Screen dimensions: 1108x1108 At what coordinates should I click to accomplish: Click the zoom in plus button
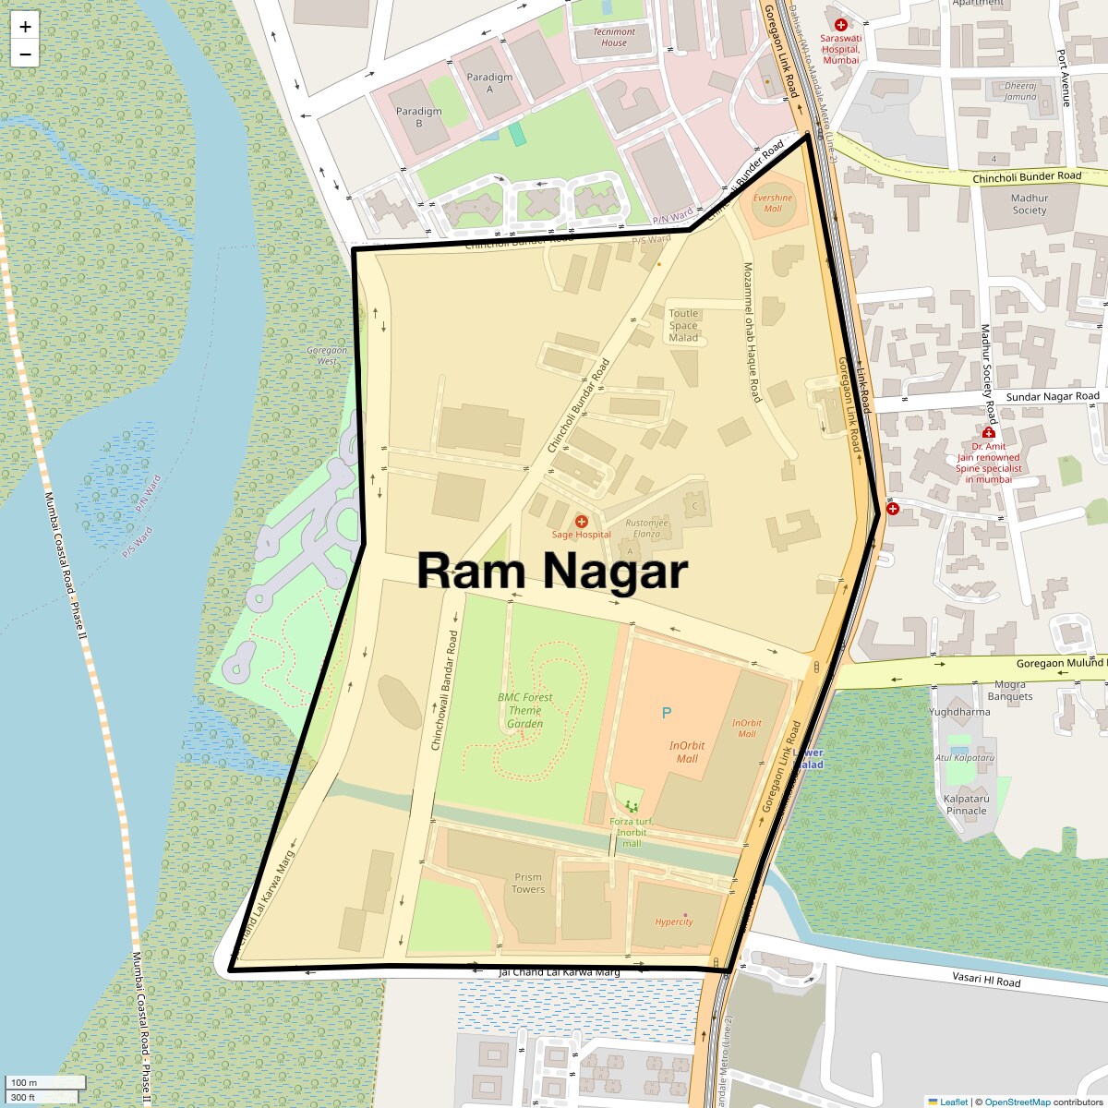(25, 27)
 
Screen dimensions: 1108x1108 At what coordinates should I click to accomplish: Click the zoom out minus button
(25, 54)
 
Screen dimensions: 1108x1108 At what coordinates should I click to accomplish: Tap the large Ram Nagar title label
(552, 571)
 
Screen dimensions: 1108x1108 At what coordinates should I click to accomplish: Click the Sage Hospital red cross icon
(582, 522)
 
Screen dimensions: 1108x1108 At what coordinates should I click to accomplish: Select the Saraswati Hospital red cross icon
(840, 26)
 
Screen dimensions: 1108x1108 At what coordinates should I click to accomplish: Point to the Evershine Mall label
(773, 203)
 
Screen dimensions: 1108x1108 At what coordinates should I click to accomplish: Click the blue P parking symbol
(667, 713)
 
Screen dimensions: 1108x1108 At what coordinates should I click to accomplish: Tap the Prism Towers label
(528, 884)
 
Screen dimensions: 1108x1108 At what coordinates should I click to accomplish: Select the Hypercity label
(674, 921)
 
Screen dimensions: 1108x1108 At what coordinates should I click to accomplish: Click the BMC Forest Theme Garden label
(524, 711)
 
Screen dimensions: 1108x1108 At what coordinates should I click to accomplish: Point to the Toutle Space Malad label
(683, 326)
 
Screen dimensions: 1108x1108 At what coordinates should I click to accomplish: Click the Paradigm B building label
(418, 117)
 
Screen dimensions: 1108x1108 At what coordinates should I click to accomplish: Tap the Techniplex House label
(614, 37)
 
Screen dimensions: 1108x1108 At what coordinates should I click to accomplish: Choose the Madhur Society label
(1029, 204)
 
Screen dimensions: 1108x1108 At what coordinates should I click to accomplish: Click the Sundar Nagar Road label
(1053, 397)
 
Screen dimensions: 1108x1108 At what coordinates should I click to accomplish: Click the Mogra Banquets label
(1010, 691)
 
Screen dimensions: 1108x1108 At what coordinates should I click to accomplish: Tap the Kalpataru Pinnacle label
(967, 805)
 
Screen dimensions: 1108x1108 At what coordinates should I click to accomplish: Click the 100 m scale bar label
(25, 1083)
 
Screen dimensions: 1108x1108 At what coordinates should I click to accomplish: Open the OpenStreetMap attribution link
(1017, 1102)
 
